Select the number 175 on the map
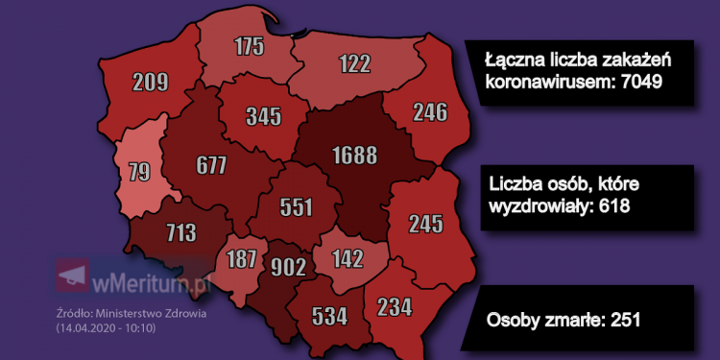251,47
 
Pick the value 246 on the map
429,112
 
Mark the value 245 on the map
424,224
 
